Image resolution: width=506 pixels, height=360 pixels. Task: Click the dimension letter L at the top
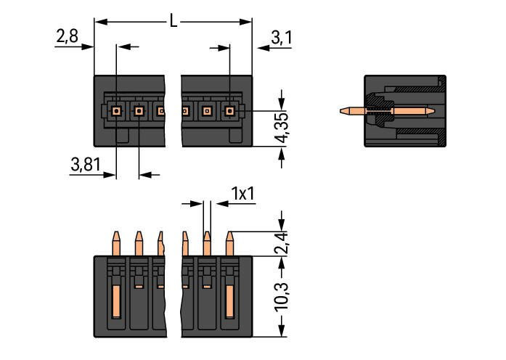pos(173,21)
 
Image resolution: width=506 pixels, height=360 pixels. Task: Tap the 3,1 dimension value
pos(281,37)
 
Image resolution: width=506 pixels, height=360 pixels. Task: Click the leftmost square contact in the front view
pos(115,111)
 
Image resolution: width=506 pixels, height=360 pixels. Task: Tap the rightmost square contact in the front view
pos(230,111)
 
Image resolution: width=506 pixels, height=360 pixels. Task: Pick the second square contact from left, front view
pos(138,111)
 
